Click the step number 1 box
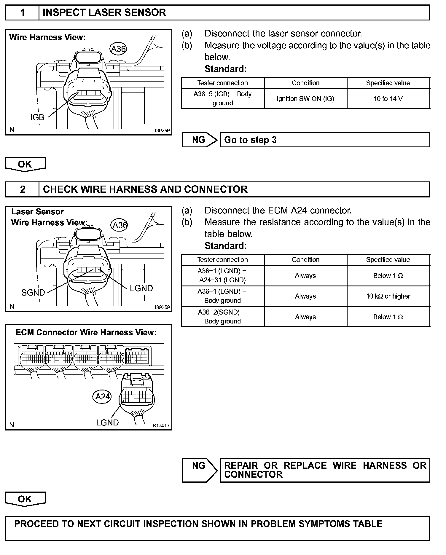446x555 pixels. [23, 12]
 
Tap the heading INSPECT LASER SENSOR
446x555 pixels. [104, 12]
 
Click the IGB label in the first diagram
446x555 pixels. [37, 117]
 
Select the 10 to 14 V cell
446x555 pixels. [388, 99]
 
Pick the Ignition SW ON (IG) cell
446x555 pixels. [305, 99]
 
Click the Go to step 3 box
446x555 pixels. [324, 140]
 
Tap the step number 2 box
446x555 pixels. [23, 189]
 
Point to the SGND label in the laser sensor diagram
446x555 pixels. [33, 293]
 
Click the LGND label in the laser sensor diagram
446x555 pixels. [141, 288]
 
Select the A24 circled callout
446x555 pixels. [102, 397]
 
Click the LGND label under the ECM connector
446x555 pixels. [107, 422]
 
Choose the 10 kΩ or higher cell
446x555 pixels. [388, 296]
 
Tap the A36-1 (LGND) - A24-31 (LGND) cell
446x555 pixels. [222, 275]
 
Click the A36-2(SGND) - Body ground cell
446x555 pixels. [222, 317]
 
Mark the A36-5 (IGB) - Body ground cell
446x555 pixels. [222, 98]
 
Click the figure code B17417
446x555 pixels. [161, 425]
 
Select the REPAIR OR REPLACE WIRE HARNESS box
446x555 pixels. [325, 470]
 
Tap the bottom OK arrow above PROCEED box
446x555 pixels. [25, 499]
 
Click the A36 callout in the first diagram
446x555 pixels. [118, 49]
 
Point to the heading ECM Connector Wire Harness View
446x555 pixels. [86, 333]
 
